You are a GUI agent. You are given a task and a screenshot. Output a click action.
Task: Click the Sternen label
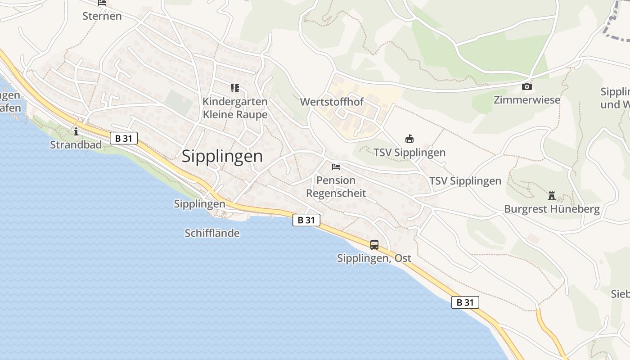pyautogui.click(x=102, y=16)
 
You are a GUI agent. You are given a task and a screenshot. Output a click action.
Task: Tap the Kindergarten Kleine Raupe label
pyautogui.click(x=235, y=108)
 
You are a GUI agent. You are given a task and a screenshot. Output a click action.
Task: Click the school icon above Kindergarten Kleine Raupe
pyautogui.click(x=235, y=88)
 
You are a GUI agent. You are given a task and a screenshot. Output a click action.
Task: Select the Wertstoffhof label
pyautogui.click(x=332, y=102)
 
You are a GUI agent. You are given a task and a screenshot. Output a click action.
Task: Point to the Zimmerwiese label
pyautogui.click(x=527, y=100)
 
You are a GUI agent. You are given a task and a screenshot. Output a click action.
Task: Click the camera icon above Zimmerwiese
pyautogui.click(x=527, y=86)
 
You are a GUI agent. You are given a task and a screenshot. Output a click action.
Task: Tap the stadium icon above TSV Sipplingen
pyautogui.click(x=409, y=139)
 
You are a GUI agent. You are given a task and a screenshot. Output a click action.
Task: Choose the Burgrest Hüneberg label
pyautogui.click(x=552, y=209)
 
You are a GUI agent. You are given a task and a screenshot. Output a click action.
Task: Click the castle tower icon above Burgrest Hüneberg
pyautogui.click(x=552, y=196)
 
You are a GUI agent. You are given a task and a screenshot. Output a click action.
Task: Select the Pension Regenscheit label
pyautogui.click(x=336, y=187)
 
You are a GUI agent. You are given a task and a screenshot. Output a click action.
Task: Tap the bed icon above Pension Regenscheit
pyautogui.click(x=336, y=167)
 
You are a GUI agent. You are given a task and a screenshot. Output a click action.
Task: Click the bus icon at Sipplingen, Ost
pyautogui.click(x=374, y=245)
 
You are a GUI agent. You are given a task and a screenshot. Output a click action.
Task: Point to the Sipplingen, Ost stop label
pyautogui.click(x=374, y=259)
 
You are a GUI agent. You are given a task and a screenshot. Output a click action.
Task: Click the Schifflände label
pyautogui.click(x=212, y=233)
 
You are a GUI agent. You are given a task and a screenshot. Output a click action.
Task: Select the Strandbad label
pyautogui.click(x=76, y=145)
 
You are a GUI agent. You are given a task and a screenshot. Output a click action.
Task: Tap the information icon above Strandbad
pyautogui.click(x=76, y=131)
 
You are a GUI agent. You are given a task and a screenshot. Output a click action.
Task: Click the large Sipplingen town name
pyautogui.click(x=222, y=156)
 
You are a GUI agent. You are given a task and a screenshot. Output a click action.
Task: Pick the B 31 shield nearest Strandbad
pyautogui.click(x=124, y=138)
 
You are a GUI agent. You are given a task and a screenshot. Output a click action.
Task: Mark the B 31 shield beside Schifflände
pyautogui.click(x=306, y=220)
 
